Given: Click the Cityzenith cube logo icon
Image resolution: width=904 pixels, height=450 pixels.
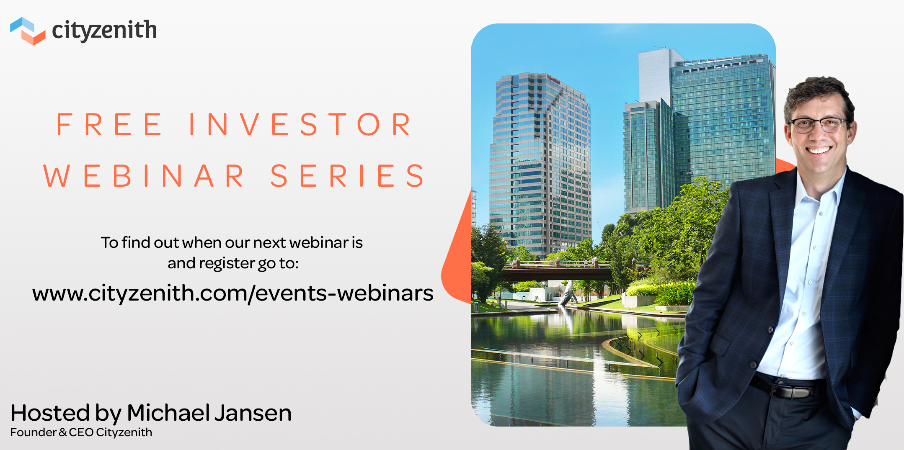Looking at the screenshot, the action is (x=28, y=31).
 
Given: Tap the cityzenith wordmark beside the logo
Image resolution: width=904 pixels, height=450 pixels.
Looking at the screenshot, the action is (x=104, y=31).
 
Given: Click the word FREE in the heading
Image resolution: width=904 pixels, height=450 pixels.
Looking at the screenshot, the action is (x=109, y=124).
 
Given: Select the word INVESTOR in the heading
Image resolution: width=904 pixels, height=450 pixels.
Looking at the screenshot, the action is (x=300, y=124).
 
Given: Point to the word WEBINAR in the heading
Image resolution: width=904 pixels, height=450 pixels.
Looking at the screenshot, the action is (x=144, y=176).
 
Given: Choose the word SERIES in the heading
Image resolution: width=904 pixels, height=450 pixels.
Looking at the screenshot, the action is (x=347, y=176).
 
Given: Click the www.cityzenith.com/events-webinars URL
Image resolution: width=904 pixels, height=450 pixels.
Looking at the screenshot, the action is (x=233, y=293).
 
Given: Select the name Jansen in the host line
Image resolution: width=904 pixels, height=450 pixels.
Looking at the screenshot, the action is (x=253, y=413).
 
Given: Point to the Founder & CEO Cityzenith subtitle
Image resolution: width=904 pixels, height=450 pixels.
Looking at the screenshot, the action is (x=81, y=432).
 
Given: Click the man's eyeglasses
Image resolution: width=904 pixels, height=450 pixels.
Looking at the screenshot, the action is (x=817, y=124).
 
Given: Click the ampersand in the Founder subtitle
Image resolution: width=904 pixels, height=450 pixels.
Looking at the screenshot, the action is (x=63, y=432).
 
